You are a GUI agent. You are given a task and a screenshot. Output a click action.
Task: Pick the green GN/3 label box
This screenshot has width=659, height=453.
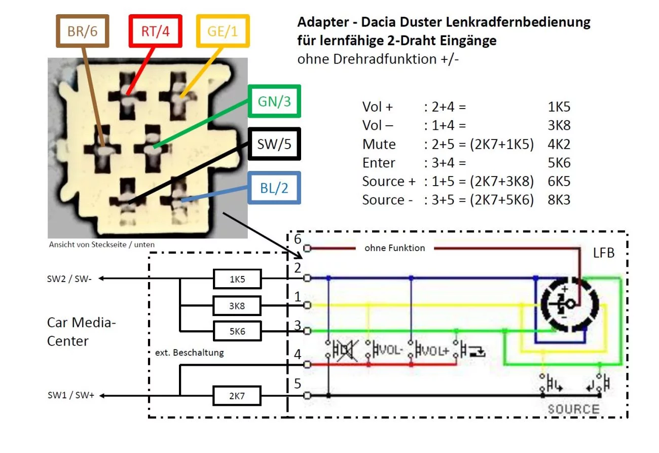pos(274,101)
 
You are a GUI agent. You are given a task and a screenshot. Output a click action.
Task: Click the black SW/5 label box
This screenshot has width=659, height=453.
pos(274,145)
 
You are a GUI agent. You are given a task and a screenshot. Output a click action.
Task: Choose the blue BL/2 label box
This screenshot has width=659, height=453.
pos(274,188)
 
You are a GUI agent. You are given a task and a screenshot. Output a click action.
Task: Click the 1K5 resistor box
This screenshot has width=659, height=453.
pos(237,278)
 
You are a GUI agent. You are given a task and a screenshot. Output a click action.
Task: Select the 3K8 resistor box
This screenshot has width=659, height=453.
pos(237,305)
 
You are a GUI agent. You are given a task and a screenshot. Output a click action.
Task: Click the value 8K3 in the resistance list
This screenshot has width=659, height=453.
pos(559,200)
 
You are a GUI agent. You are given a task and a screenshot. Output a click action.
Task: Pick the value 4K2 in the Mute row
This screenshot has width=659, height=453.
pos(559,145)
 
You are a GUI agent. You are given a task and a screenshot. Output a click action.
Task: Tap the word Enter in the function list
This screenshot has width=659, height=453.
pos(379,163)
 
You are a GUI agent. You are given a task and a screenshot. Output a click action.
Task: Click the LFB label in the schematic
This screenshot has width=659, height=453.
pos(603,253)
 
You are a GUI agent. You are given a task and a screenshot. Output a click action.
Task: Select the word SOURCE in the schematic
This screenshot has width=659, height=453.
pos(573,409)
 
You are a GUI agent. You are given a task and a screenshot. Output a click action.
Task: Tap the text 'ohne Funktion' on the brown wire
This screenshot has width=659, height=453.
pos(394,248)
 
